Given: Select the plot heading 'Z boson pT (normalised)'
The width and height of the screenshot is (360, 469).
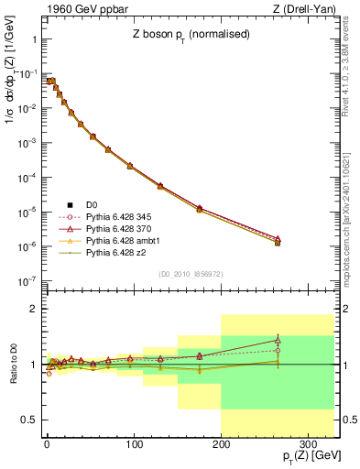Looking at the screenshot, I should click(190, 35).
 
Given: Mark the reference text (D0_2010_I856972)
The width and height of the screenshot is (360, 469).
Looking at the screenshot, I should click(190, 274).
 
